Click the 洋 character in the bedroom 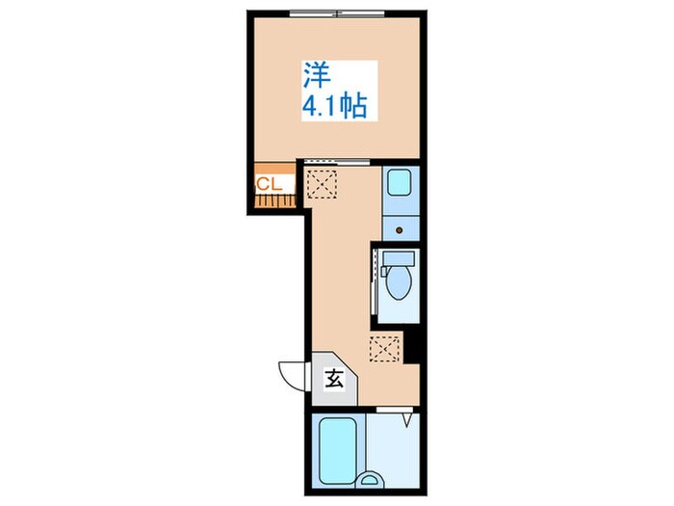(x=318, y=76)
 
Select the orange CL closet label (x=269, y=185)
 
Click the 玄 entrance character (x=334, y=379)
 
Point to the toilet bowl (x=399, y=282)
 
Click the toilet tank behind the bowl (x=399, y=258)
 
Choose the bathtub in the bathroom (x=338, y=450)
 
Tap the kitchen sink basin (x=400, y=182)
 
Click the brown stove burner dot (x=400, y=230)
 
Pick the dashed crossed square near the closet (x=321, y=184)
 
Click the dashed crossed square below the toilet (x=385, y=349)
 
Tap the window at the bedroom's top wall (x=337, y=13)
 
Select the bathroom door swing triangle (x=407, y=420)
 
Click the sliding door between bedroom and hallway (x=337, y=162)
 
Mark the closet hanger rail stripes (x=275, y=200)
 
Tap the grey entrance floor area (x=333, y=379)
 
